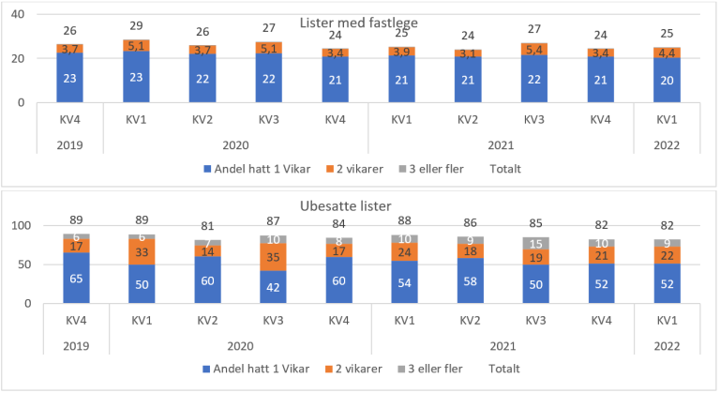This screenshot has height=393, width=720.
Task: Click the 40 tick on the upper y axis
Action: click(x=18, y=14)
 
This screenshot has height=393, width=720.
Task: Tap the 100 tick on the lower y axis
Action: click(x=15, y=226)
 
